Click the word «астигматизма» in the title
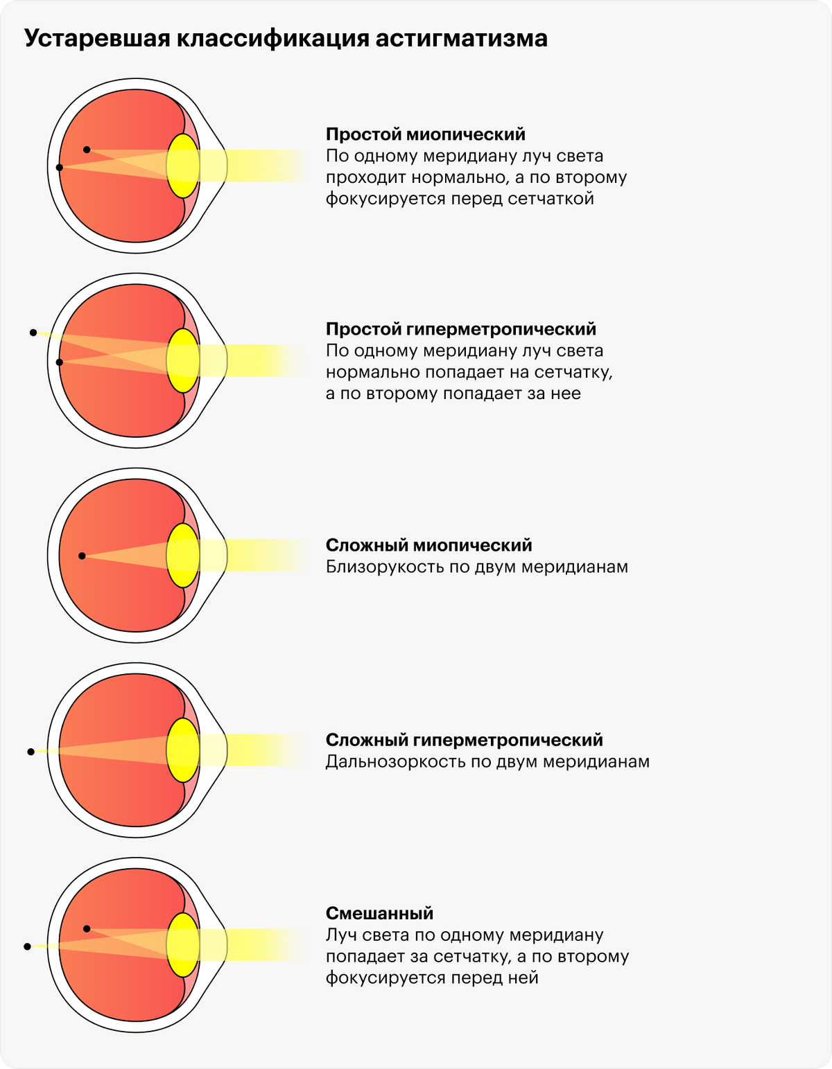coord(461,39)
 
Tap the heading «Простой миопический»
coord(425,134)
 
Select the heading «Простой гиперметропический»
coord(461,329)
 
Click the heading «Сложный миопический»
coord(428,545)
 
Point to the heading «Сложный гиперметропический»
coord(465,740)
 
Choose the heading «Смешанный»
coord(379,913)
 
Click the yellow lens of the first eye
coord(183,166)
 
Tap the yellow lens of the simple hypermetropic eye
coord(183,360)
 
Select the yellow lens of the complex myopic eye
coord(183,555)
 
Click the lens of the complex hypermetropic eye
coord(183,750)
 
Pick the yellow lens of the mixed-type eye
coord(183,945)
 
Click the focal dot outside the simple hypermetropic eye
coord(33,333)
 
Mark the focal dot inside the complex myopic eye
coord(83,556)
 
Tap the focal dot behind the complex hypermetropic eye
coord(31,752)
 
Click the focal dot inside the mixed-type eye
coord(87,929)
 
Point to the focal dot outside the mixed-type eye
coord(28,946)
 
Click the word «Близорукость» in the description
coord(383,567)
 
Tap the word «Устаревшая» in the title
coord(97,39)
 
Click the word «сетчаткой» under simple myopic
coord(551,199)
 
